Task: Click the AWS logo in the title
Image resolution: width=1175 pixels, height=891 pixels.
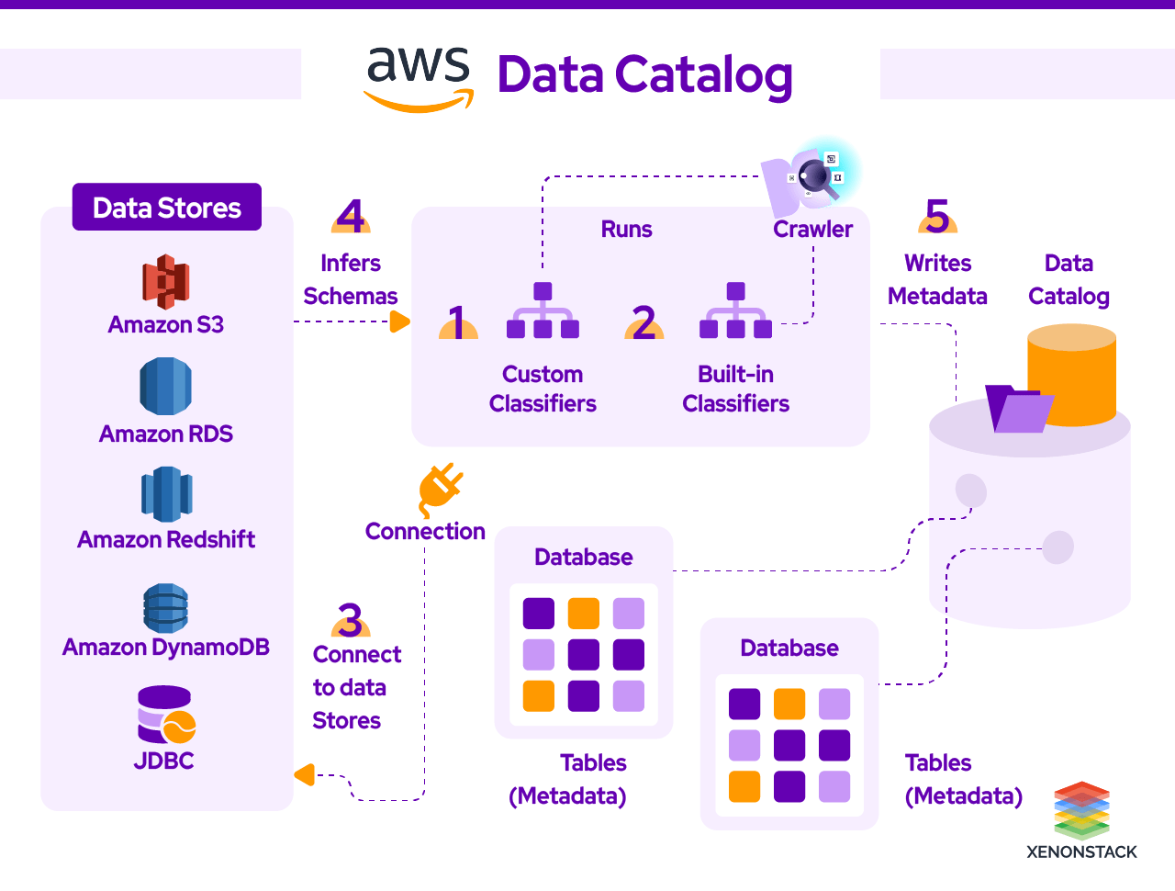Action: [419, 78]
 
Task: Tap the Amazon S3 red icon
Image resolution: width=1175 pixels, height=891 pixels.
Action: [166, 281]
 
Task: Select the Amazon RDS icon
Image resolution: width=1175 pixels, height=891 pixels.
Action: [166, 387]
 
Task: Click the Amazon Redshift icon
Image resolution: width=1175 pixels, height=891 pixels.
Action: [166, 494]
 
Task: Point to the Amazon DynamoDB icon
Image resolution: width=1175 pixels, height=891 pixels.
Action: [166, 607]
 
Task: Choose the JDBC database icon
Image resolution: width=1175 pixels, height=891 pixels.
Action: [165, 715]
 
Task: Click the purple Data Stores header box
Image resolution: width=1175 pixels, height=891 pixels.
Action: [167, 208]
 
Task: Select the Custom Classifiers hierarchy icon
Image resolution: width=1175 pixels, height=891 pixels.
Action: [543, 311]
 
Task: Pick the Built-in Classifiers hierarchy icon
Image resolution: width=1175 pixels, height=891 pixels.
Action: [735, 311]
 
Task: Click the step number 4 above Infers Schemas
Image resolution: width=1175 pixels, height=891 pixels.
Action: [351, 217]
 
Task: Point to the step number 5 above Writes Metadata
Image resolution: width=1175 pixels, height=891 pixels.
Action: [937, 217]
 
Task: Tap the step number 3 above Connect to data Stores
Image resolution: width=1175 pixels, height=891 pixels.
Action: [351, 620]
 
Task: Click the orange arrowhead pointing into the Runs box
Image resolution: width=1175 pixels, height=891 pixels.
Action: [400, 321]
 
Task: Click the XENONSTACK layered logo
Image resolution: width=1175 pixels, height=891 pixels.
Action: [1081, 809]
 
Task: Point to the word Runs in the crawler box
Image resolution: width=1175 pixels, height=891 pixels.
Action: [626, 230]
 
